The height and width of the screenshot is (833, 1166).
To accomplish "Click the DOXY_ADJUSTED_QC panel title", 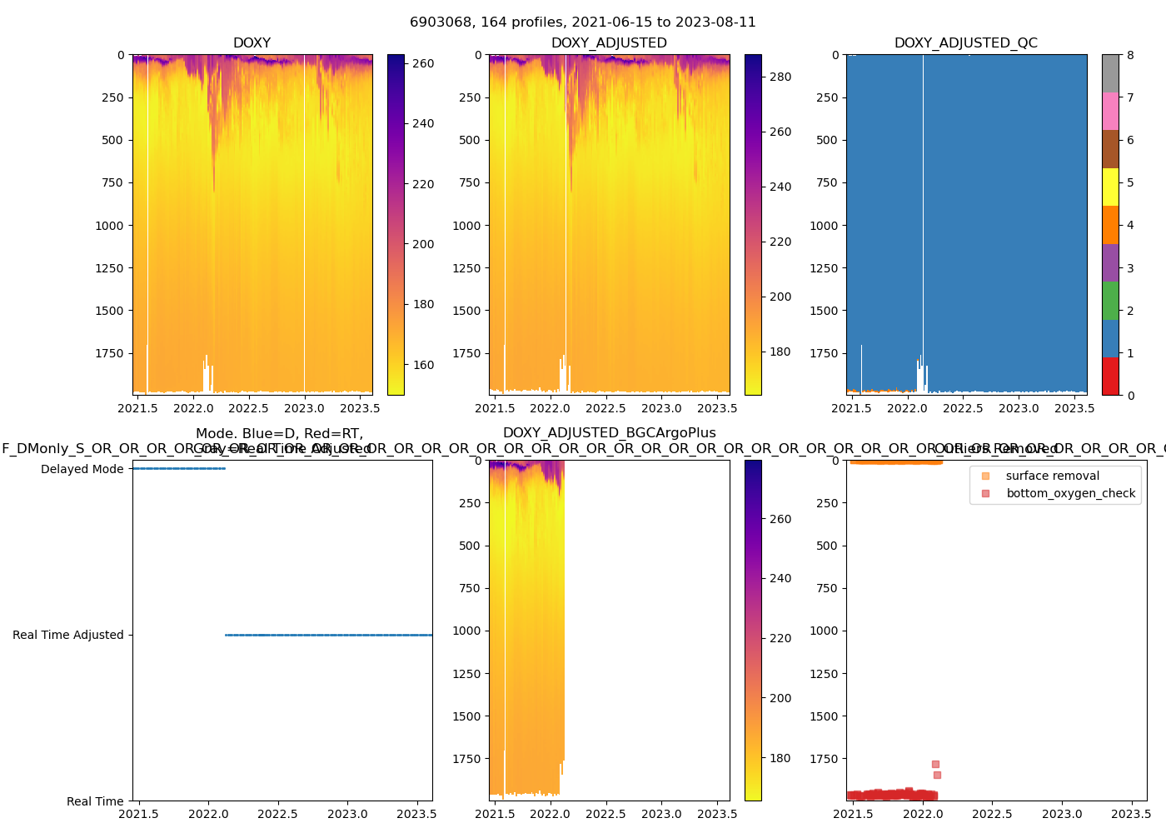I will [x=966, y=43].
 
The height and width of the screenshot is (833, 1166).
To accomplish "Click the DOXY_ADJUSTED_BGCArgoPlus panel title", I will [x=609, y=433].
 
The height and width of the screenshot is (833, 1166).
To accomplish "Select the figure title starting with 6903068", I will [x=583, y=22].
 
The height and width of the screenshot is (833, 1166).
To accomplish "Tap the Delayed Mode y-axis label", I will [x=82, y=469].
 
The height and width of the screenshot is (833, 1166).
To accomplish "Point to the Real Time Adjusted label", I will [x=68, y=635].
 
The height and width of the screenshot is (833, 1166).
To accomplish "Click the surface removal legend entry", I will [x=1052, y=476].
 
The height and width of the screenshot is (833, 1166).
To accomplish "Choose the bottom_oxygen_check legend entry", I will [x=1070, y=493].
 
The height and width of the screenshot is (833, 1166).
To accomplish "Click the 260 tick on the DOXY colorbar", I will [x=423, y=63].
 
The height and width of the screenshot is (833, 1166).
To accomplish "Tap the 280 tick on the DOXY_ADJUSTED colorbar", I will [x=780, y=77].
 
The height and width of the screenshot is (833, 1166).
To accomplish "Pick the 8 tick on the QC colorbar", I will [x=1130, y=55].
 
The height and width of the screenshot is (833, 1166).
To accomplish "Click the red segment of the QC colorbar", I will [x=1110, y=376].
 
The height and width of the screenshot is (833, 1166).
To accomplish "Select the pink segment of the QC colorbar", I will [x=1110, y=111].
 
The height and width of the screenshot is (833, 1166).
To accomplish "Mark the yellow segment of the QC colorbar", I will [x=1110, y=187].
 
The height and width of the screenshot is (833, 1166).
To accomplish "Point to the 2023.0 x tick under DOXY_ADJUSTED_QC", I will [x=1019, y=408].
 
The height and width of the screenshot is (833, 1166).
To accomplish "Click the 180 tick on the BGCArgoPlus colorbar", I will [x=780, y=758].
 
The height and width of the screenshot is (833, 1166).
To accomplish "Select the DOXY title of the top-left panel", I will [x=252, y=43].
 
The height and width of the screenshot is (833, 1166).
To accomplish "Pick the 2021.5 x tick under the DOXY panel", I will [x=138, y=408].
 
